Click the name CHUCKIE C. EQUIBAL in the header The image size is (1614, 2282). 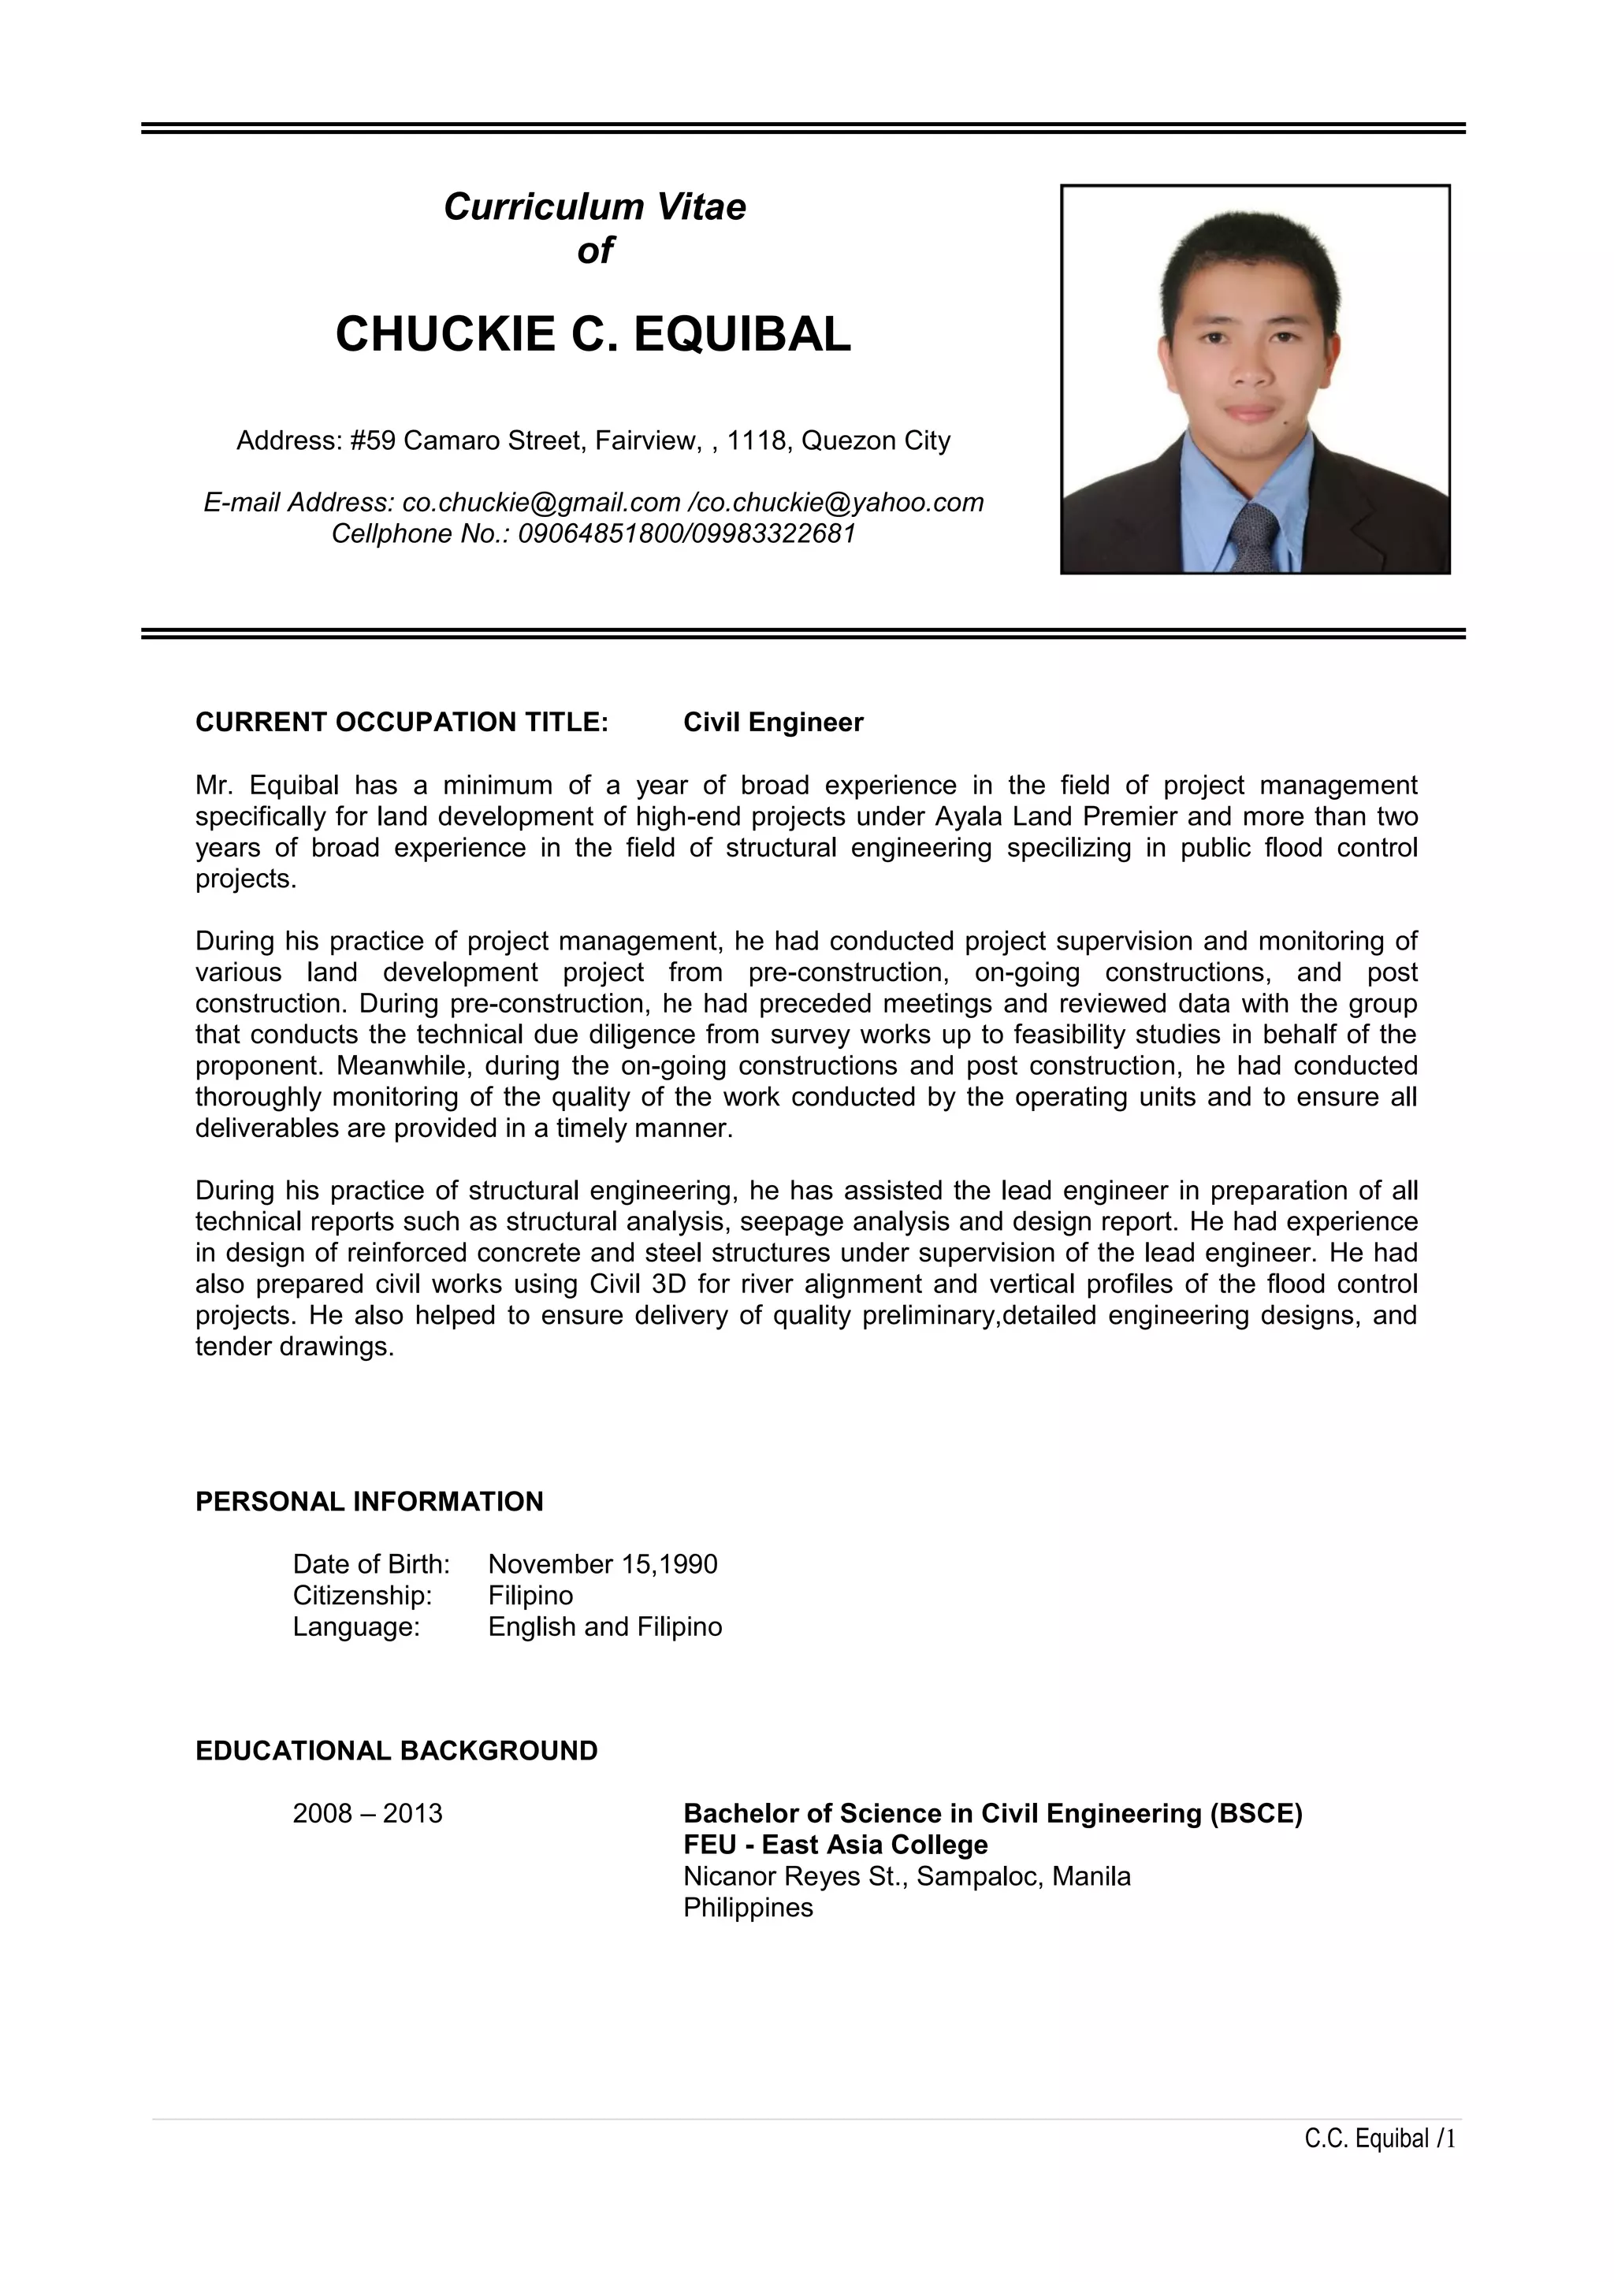pyautogui.click(x=593, y=334)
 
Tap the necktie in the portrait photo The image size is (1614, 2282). pyautogui.click(x=1254, y=537)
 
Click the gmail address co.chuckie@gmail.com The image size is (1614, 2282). pyautogui.click(x=541, y=503)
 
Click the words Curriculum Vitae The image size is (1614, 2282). pyautogui.click(x=594, y=206)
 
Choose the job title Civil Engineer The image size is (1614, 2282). pyautogui.click(x=773, y=723)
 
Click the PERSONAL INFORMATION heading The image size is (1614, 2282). pyautogui.click(x=369, y=1502)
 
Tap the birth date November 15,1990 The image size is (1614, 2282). pyautogui.click(x=602, y=1564)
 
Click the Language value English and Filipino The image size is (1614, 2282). pyautogui.click(x=604, y=1627)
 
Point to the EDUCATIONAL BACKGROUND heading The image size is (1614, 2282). pyautogui.click(x=396, y=1751)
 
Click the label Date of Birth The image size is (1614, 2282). pyautogui.click(x=370, y=1564)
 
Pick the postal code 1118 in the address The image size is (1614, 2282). pyautogui.click(x=755, y=440)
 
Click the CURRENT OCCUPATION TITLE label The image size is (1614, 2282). pyautogui.click(x=401, y=723)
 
